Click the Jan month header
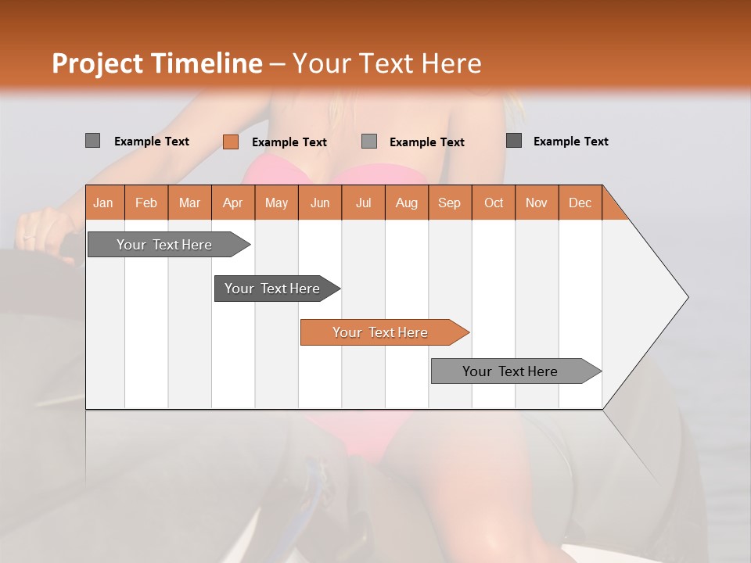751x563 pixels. click(103, 203)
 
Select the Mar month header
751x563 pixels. click(189, 203)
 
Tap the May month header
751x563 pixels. click(276, 203)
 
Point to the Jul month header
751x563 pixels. click(363, 203)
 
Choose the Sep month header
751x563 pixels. click(449, 203)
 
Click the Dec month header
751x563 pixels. click(580, 203)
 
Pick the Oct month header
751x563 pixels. click(494, 203)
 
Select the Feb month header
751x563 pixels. click(146, 203)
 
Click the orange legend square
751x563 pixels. click(230, 142)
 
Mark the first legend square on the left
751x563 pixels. click(92, 141)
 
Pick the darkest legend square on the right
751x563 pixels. click(513, 141)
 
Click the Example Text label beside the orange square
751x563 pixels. click(289, 142)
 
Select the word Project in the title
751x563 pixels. click(97, 63)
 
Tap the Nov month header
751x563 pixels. click(537, 203)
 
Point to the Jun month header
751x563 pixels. click(320, 203)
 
